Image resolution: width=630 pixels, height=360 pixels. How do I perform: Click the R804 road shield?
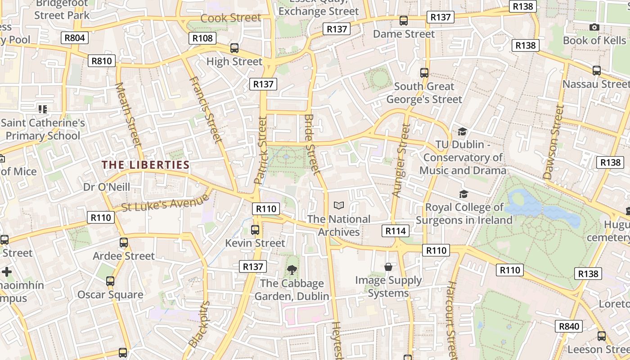[75, 38]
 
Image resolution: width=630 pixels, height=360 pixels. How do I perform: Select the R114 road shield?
[396, 231]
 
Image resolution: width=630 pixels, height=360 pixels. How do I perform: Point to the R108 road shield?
[202, 38]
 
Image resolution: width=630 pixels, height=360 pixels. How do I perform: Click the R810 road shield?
[102, 61]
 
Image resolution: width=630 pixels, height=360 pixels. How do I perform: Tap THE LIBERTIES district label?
[145, 165]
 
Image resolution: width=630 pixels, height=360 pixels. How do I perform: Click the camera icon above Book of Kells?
[594, 27]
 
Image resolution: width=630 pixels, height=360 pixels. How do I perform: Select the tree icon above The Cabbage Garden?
[292, 270]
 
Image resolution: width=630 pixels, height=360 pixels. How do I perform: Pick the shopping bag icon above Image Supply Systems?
[388, 267]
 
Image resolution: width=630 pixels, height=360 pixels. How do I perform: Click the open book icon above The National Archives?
[339, 206]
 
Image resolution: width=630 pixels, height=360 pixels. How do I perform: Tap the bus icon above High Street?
[234, 48]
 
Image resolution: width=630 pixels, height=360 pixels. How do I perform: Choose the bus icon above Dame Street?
[404, 21]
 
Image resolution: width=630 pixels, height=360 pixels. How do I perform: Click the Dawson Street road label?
[553, 142]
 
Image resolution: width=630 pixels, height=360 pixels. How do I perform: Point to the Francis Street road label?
[206, 110]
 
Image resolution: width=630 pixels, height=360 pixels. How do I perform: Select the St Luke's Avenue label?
[166, 203]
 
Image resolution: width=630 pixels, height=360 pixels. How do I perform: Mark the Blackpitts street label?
[199, 324]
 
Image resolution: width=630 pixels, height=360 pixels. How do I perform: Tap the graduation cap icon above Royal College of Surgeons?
[463, 194]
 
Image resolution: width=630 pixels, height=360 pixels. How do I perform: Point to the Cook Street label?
[230, 18]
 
